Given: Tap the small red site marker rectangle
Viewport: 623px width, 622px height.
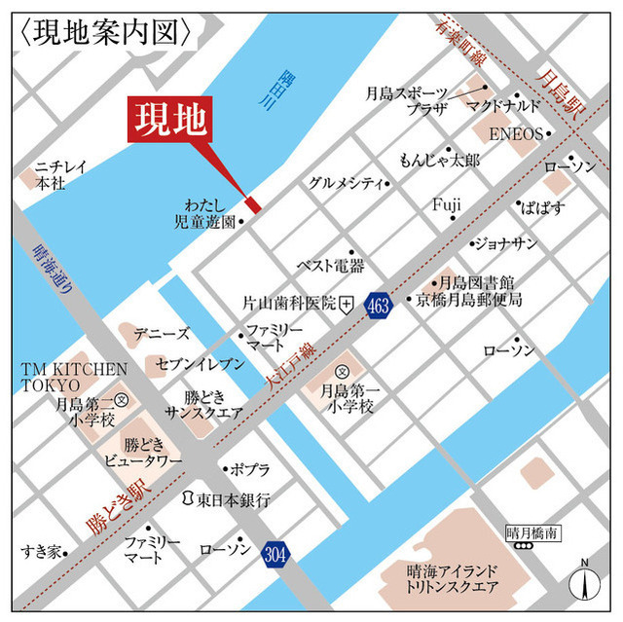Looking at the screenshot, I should click(253, 204).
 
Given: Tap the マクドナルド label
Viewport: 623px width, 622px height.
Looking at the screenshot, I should click(504, 105).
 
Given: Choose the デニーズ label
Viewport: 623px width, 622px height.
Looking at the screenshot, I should click(162, 334).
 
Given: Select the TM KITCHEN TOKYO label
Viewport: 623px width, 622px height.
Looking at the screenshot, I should click(75, 377).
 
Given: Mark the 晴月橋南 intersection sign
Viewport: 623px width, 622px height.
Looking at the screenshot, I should click(531, 532).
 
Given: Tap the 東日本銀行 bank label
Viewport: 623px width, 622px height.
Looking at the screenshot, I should click(233, 499).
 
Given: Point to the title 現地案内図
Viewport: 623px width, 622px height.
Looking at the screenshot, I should click(107, 33).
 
